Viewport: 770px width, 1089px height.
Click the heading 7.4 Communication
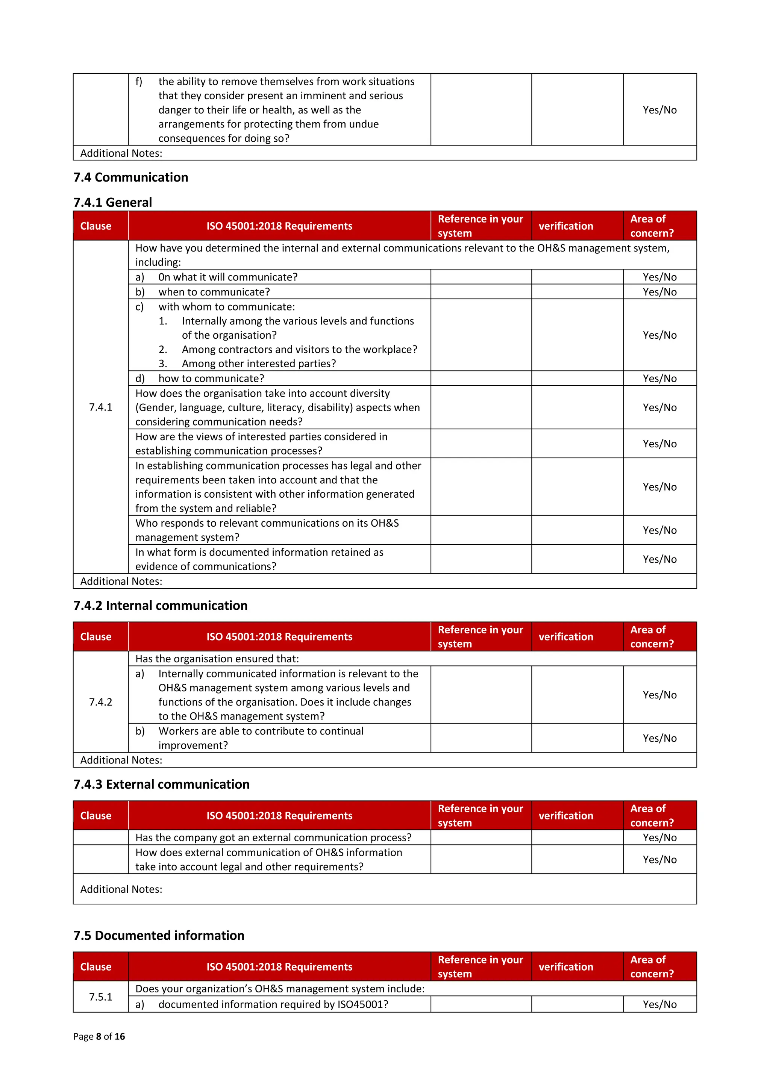130,177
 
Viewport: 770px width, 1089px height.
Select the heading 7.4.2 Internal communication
161,606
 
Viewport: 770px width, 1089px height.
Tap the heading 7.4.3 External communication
161,785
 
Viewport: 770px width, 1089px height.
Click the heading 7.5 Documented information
159,935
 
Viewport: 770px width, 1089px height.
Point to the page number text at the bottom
99,1036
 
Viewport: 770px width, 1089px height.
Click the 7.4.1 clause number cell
101,407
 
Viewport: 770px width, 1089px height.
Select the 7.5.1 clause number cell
101,997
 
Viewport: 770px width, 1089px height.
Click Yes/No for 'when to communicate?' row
659,292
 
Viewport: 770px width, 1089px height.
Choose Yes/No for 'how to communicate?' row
659,379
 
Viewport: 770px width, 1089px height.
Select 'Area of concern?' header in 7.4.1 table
652,226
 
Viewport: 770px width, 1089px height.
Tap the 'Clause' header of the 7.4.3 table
96,816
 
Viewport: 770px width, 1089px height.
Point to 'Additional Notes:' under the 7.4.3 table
121,889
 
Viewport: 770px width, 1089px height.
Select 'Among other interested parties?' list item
259,364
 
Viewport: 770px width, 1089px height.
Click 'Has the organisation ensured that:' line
217,659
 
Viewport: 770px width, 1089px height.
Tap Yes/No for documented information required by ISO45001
659,1004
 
